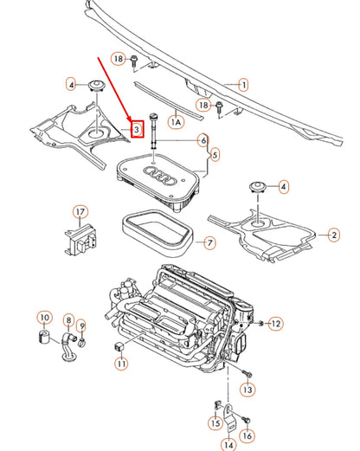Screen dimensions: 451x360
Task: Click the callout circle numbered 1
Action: (x=243, y=85)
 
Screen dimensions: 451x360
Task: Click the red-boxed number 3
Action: (x=135, y=128)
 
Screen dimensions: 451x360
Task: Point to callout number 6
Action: (x=203, y=139)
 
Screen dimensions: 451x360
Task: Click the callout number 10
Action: (x=44, y=319)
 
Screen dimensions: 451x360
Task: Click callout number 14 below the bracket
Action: (x=228, y=445)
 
